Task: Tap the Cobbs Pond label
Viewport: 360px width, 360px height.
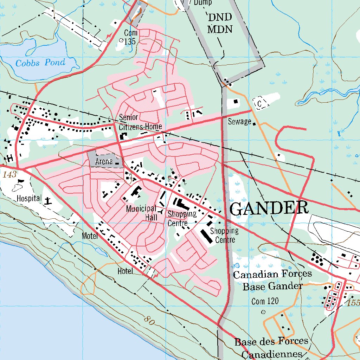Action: (40, 63)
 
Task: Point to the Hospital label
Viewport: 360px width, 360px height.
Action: (29, 199)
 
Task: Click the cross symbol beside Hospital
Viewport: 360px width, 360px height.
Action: (48, 201)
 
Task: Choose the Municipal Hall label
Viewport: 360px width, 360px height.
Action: (141, 213)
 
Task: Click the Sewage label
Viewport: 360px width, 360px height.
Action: (239, 122)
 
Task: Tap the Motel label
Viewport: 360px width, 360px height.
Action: (90, 236)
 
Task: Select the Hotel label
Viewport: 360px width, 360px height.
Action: (126, 271)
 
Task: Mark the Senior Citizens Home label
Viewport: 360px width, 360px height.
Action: (140, 122)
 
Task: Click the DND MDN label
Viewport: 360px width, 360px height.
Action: (220, 23)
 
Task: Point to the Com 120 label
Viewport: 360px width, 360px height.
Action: (265, 301)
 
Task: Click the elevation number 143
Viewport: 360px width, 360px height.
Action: (9, 175)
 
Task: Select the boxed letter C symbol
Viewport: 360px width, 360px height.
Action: (260, 104)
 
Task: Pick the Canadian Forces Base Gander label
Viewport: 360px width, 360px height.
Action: (272, 280)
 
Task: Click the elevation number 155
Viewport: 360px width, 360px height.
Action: (353, 302)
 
